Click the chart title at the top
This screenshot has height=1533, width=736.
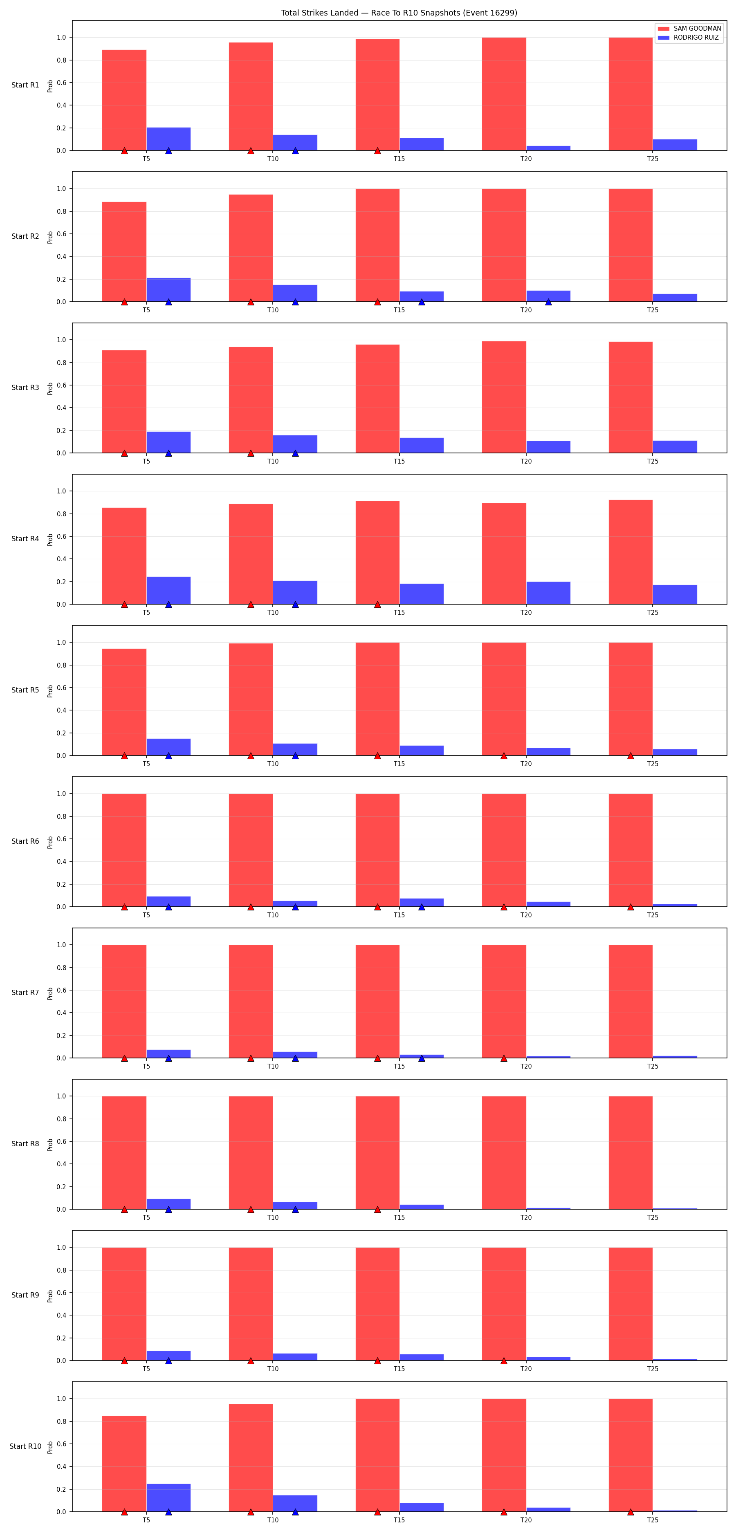(x=399, y=13)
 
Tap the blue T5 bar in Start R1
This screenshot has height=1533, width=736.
(x=168, y=139)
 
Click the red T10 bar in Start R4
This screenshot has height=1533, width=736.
(x=251, y=554)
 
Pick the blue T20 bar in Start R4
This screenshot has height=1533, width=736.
(x=548, y=593)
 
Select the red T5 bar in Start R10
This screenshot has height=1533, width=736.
(x=124, y=1464)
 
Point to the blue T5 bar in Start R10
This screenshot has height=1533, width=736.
(x=168, y=1498)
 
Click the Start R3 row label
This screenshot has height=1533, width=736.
(x=25, y=388)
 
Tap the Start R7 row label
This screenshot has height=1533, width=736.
(x=25, y=993)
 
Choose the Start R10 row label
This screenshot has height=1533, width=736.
(x=25, y=1446)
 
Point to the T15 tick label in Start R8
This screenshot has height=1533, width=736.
(x=399, y=1217)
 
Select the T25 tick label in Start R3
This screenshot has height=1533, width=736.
(x=653, y=461)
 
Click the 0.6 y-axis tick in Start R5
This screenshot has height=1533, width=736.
(x=61, y=688)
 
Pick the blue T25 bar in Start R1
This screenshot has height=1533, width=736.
(x=675, y=145)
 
